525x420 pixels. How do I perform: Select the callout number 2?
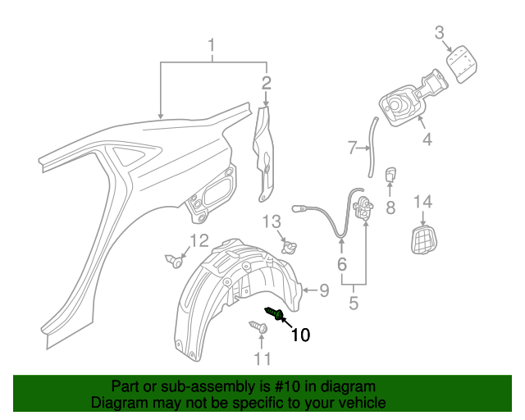[x=266, y=82]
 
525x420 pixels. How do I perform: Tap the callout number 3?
[x=440, y=33]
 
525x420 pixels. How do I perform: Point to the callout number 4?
[x=427, y=140]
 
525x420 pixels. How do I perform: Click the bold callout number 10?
[x=299, y=335]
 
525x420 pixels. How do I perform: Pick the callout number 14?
[x=422, y=203]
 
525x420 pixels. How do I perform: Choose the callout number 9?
[x=323, y=289]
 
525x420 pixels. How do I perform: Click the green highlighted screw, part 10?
[x=275, y=313]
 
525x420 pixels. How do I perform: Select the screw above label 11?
[x=258, y=327]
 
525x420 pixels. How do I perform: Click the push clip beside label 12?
[x=176, y=262]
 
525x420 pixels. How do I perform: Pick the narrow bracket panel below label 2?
[x=265, y=152]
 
